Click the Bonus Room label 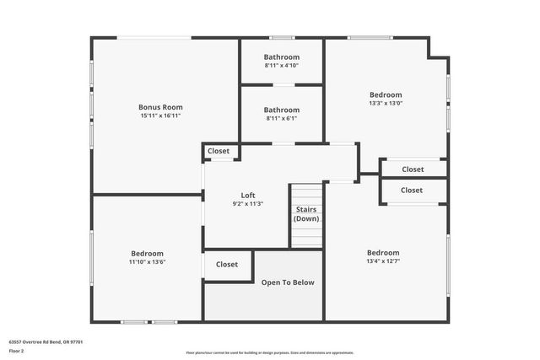[160, 107]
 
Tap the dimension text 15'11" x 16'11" [160, 116]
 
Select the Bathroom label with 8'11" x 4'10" [281, 57]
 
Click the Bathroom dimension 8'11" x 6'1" [281, 118]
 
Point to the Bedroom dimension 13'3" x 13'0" [386, 104]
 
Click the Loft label [248, 195]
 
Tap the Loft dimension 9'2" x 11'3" [248, 203]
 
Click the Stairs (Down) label [306, 213]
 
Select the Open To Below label [288, 282]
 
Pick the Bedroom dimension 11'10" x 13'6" [147, 261]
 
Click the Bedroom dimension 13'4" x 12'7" [383, 261]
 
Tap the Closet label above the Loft [219, 151]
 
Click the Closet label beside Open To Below [227, 264]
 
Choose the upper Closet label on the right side [413, 169]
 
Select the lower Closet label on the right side [412, 191]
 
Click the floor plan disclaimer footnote [270, 352]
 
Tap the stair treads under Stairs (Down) [306, 236]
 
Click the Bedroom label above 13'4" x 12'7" [383, 253]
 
